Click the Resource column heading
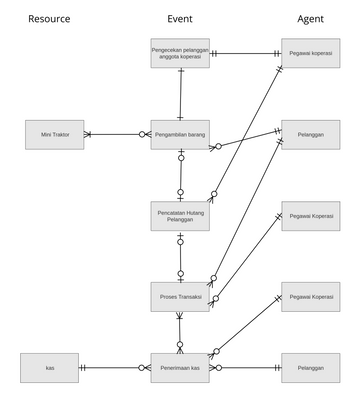click(49, 19)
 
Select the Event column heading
click(180, 19)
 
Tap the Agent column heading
click(310, 19)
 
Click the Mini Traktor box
click(54, 134)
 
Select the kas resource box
click(50, 368)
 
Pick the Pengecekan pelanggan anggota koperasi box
click(181, 53)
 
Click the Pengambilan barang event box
click(181, 134)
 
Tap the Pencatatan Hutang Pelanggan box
click(181, 216)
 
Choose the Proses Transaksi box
click(181, 297)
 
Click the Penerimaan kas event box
click(181, 368)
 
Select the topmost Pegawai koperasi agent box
click(310, 53)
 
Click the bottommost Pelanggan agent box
click(310, 368)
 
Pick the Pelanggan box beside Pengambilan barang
click(310, 134)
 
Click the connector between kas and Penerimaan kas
click(115, 368)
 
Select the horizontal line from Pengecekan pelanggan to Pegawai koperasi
click(246, 53)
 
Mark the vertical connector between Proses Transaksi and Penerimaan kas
click(181, 332)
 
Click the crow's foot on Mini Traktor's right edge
click(88, 134)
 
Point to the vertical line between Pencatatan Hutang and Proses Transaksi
click(181, 256)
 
